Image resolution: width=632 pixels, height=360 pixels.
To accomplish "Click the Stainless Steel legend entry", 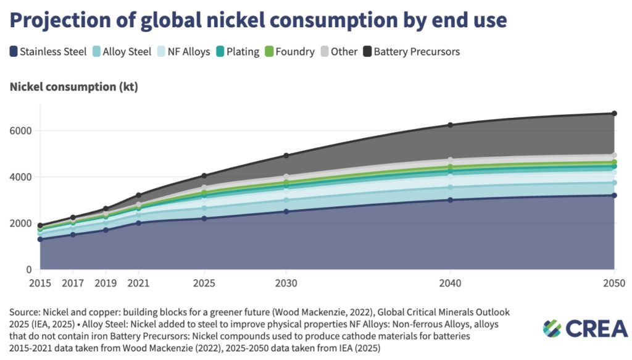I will (48, 52).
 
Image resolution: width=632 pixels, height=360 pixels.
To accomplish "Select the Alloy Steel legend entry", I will (124, 52).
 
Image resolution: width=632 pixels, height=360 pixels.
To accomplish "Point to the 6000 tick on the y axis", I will (21, 131).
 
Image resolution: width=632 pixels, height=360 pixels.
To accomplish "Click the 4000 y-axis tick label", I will (21, 177).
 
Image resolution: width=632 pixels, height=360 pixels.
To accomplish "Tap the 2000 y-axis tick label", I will (21, 224).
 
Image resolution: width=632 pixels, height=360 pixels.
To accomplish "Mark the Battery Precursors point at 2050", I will (614, 114).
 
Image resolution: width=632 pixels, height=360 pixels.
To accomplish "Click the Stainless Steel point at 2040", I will (451, 200).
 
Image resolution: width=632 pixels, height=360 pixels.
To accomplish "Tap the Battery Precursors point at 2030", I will (286, 156).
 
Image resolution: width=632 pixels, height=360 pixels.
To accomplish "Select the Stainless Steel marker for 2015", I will (40, 240).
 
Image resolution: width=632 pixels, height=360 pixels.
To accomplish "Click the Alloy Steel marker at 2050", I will (614, 183).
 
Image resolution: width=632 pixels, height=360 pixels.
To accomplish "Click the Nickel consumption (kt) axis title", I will (74, 87).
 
